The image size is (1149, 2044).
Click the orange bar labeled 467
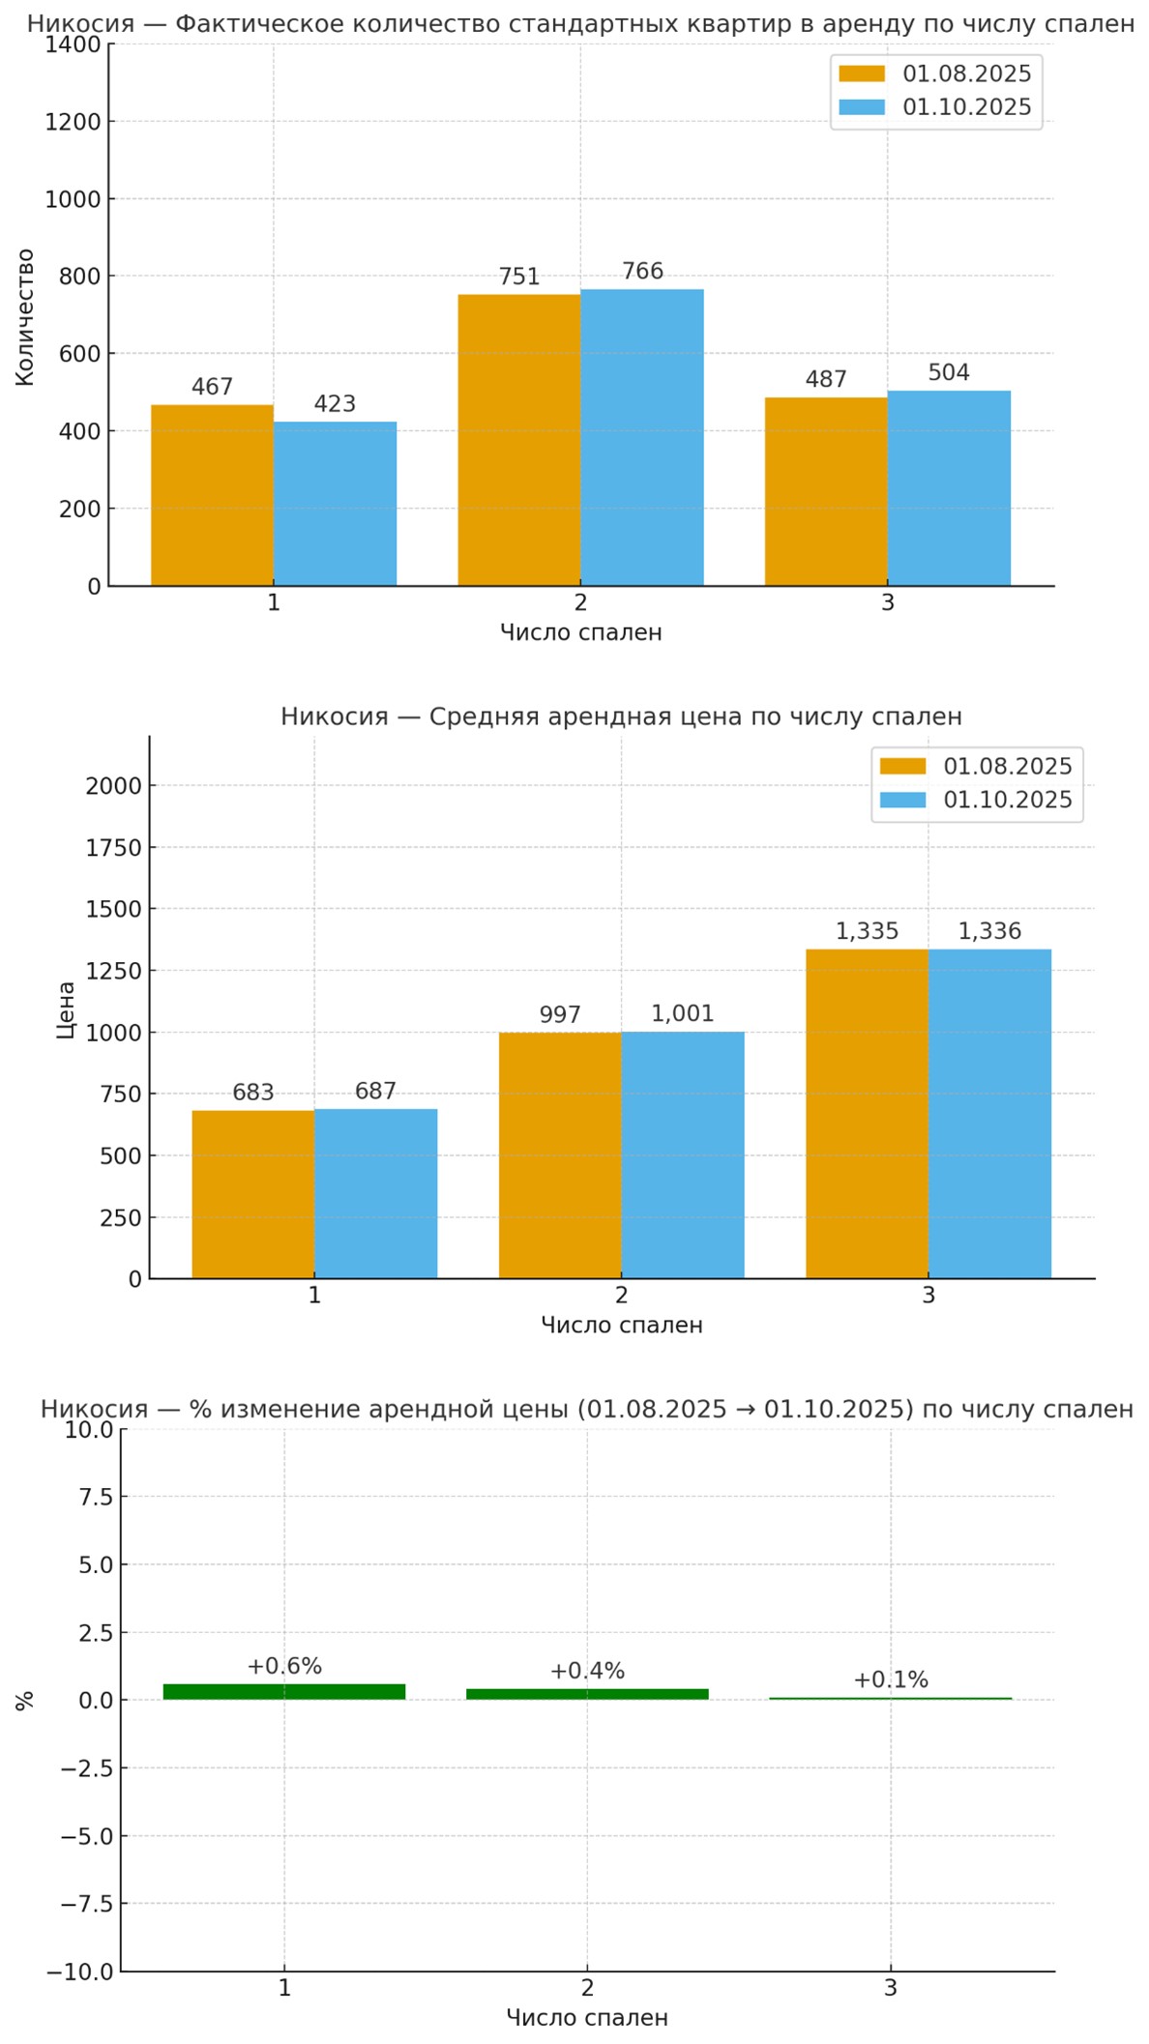212,495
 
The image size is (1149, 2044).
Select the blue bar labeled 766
642,437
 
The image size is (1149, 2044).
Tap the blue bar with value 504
949,488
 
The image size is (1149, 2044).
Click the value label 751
519,277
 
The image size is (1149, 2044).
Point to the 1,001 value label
682,1013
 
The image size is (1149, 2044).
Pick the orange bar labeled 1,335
867,1114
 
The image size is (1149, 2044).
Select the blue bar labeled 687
375,1193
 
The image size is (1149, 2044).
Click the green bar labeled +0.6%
283,1691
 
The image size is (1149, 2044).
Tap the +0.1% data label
890,1679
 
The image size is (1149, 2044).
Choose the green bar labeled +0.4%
587,1694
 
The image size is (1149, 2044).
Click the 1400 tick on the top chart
73,44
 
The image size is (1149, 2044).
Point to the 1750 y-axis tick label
113,848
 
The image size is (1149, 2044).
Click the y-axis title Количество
25,317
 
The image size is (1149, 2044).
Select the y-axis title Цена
66,1009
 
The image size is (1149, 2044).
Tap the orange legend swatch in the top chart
861,74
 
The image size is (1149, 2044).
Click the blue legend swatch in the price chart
901,800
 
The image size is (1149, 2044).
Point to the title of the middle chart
621,716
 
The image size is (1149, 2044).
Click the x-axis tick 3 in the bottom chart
890,1988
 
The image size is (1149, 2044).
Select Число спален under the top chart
580,632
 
